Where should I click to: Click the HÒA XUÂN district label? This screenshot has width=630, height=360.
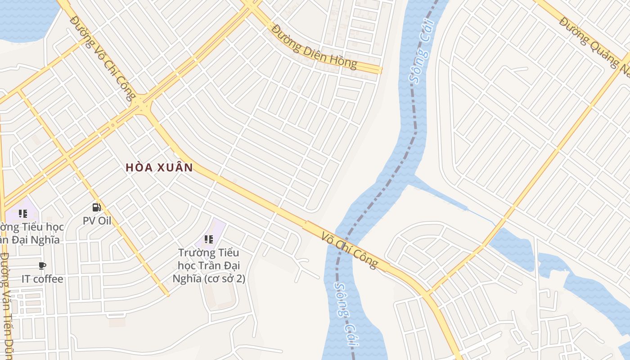tap(159, 168)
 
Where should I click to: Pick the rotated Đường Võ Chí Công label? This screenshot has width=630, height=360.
tap(103, 58)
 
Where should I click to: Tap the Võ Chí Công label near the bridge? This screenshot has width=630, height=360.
tap(349, 250)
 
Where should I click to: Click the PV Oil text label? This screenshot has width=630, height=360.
tap(97, 221)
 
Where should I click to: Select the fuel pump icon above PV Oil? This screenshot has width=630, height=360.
tap(96, 207)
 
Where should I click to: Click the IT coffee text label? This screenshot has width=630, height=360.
tap(42, 279)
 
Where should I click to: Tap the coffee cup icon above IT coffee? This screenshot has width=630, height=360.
tap(42, 266)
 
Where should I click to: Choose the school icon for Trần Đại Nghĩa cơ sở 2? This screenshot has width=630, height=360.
tap(208, 239)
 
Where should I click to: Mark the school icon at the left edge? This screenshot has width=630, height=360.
tap(22, 214)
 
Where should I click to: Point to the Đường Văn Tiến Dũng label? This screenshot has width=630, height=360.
tap(6, 306)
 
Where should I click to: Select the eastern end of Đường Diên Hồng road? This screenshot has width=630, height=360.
tap(379, 70)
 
